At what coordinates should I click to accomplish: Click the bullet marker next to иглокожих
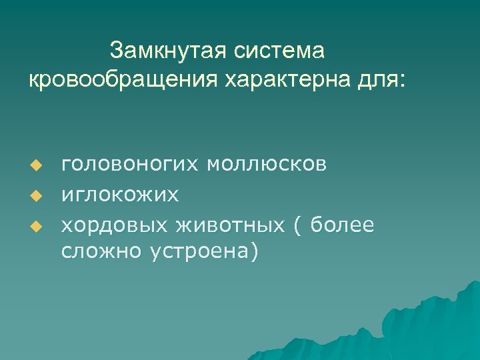38,196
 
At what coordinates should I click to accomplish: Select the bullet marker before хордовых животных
38,227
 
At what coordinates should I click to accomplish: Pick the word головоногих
131,165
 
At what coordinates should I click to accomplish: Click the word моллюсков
267,163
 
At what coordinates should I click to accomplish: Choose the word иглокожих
120,195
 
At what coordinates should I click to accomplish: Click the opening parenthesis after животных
297,227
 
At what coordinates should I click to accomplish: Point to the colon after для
400,81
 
